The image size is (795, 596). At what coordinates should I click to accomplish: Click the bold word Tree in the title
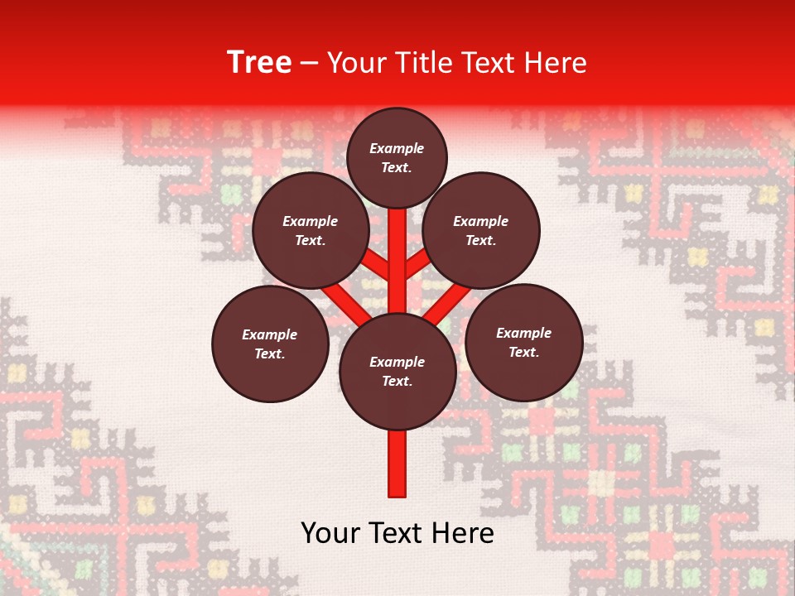point(259,63)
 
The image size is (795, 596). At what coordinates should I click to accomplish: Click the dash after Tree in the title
point(310,64)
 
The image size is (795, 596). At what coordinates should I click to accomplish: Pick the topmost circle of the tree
point(397,157)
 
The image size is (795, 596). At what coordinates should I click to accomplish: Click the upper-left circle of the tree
point(311,230)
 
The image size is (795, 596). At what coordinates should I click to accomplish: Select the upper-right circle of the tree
point(481,230)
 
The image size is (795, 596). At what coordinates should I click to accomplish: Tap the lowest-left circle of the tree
point(270,344)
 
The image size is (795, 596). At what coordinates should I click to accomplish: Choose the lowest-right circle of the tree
point(523,342)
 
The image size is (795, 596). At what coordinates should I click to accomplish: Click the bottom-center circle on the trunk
point(397,372)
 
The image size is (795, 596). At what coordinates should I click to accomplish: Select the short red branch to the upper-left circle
point(376,265)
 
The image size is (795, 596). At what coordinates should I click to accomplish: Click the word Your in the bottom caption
point(331,533)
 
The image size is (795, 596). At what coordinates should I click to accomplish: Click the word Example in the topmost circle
point(397,148)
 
